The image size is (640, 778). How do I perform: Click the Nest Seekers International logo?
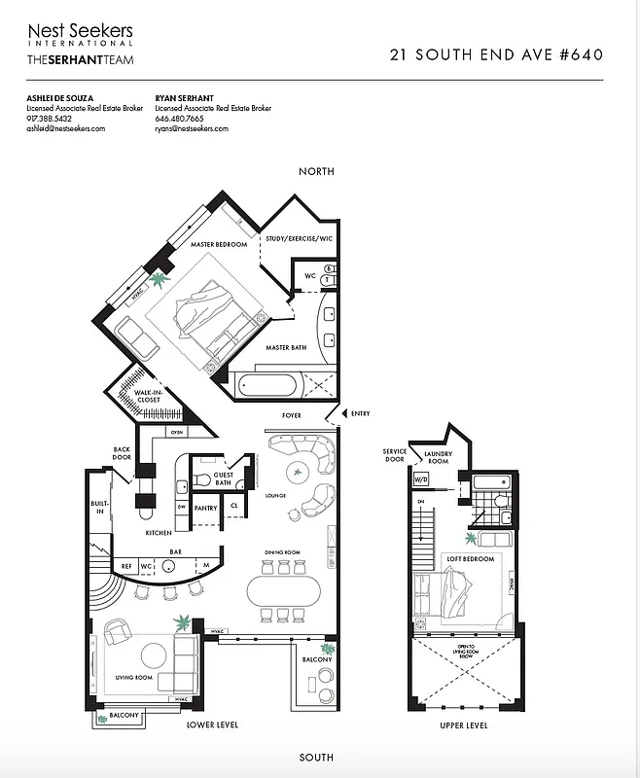coord(80,34)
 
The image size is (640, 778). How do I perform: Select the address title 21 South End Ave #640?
coord(495,55)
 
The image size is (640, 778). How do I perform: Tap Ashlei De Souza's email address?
coord(66,128)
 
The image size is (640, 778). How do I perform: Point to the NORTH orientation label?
coord(317,171)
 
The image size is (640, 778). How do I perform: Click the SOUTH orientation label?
coord(317,757)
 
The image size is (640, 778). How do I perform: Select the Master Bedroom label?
coord(219,245)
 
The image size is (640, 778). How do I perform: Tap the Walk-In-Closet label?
coord(138,393)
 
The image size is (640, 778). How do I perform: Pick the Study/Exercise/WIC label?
coord(300,237)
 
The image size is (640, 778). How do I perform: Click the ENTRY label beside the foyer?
coord(360,414)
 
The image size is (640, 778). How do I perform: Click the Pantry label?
coord(205,508)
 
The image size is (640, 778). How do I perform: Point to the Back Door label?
coord(122,453)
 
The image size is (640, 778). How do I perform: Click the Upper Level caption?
coord(463,725)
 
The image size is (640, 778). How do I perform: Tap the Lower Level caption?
coord(212,725)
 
